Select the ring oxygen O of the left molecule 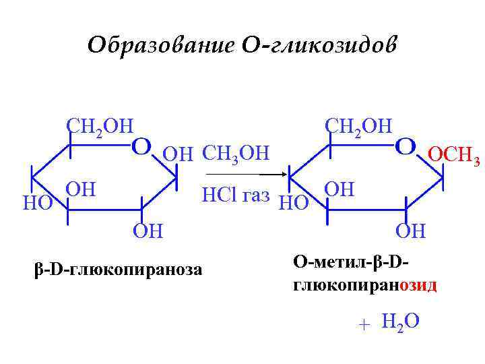tap(140, 145)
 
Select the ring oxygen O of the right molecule tap(405, 145)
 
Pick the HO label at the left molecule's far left tap(38, 203)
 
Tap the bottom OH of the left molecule tap(148, 231)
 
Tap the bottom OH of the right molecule tap(410, 231)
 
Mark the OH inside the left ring tap(81, 188)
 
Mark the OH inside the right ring tap(339, 188)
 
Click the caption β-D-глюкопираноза tap(118, 269)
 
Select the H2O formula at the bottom tap(399, 322)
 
